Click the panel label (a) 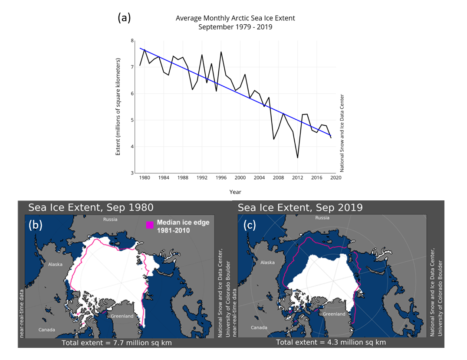tap(124, 18)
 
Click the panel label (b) tap(35, 226)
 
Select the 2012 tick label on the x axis tap(297, 177)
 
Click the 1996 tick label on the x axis tap(221, 177)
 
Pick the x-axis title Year tap(235, 192)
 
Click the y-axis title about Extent tap(118, 107)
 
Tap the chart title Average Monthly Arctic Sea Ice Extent tap(235, 18)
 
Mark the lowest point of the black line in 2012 tap(297, 157)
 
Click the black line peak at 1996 tap(221, 52)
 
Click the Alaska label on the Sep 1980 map tap(56, 264)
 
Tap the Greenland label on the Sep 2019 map tap(335, 314)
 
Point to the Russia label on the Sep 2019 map tap(322, 218)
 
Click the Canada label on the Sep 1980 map tap(46, 330)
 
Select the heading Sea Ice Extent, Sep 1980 tap(91, 207)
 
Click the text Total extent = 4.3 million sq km tap(331, 342)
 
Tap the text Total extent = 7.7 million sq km tap(117, 343)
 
